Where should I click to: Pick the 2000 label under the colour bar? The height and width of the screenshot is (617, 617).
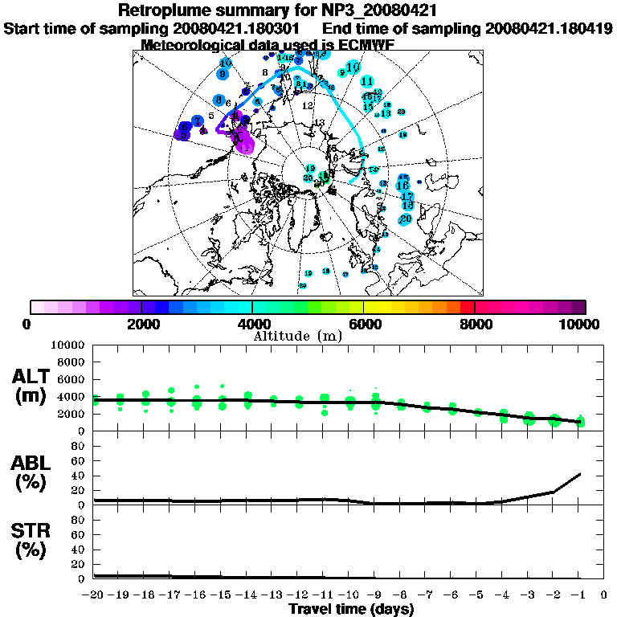141,324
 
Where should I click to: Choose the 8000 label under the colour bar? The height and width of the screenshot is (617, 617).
475,324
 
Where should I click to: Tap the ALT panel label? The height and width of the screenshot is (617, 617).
34,377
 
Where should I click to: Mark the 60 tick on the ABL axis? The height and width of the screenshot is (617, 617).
78,461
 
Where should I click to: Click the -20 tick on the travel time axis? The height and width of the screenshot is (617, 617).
94,595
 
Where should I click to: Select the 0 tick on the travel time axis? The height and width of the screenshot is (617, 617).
604,595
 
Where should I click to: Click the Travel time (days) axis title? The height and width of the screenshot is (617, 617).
351,610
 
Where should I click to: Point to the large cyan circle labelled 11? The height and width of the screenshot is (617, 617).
367,81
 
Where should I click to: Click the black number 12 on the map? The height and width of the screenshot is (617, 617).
307,106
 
